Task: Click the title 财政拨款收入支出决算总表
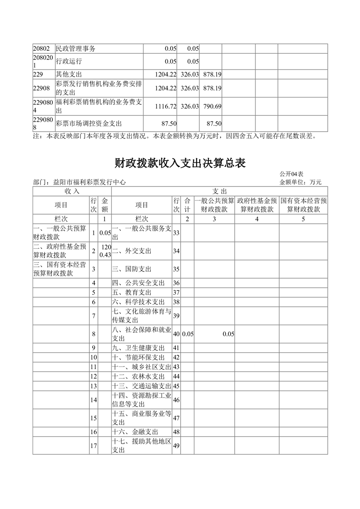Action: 180,163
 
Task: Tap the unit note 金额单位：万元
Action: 301,182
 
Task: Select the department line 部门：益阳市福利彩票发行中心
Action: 79,182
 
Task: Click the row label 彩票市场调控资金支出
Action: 89,123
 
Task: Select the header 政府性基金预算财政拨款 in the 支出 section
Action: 257,205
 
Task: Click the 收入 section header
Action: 72,191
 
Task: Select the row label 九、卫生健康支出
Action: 138,348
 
